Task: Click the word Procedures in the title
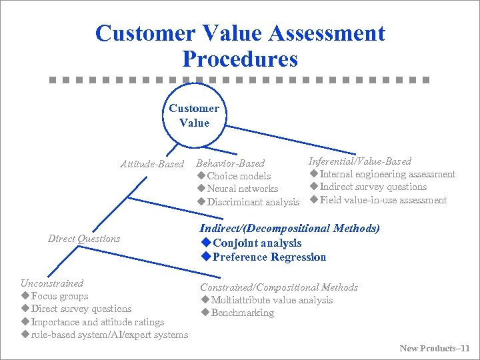(x=239, y=59)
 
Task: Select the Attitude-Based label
(x=151, y=163)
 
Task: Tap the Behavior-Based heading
(x=230, y=163)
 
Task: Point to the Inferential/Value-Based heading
(x=360, y=161)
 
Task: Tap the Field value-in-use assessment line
(x=383, y=200)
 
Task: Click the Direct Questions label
(x=84, y=239)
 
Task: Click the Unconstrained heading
(x=52, y=283)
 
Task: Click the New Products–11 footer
(x=435, y=348)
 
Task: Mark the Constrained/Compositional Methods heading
(x=279, y=287)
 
